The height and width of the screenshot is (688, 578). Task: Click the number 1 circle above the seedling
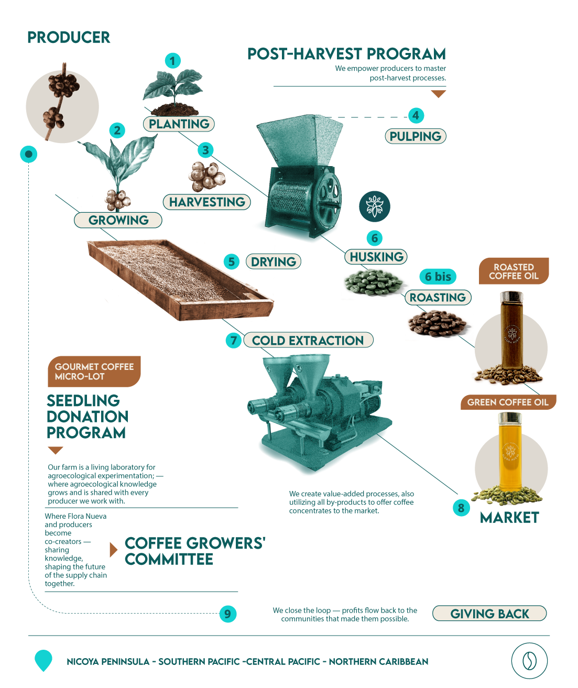172,61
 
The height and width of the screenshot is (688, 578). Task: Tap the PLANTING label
179,124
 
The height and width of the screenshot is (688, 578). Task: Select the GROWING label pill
118,220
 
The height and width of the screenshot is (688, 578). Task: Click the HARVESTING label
207,202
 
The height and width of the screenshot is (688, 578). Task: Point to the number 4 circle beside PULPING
416,115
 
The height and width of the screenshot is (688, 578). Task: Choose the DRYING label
273,261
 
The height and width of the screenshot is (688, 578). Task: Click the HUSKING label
376,257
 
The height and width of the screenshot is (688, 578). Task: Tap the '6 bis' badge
438,276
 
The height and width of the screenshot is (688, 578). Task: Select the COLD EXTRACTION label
308,340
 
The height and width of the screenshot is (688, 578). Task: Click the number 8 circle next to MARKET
461,507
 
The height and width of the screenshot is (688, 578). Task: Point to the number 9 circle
227,614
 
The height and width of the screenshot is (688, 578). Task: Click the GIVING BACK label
489,614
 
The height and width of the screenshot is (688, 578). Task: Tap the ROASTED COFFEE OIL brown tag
514,271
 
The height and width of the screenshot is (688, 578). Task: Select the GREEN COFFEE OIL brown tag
508,402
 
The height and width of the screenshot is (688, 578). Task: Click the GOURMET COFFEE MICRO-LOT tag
94,372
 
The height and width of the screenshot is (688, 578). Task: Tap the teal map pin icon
43,660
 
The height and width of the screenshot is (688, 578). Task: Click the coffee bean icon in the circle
529,661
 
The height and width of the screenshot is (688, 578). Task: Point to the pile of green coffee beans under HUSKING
374,282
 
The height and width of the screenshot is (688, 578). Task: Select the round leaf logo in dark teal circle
375,206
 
